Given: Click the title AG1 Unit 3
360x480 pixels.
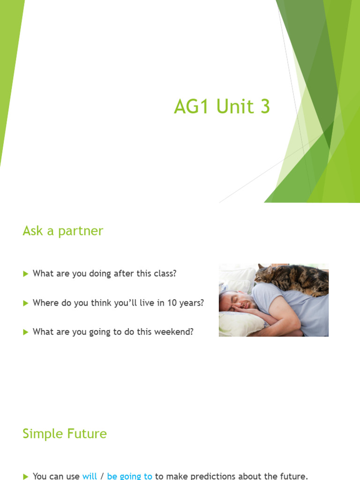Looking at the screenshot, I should (x=222, y=107).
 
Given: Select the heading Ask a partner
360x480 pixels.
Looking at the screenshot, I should (x=63, y=231).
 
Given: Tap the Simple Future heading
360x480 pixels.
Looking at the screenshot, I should (x=65, y=434).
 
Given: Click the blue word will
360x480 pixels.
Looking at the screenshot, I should (x=90, y=476).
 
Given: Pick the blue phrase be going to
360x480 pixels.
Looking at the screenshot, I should (x=129, y=476).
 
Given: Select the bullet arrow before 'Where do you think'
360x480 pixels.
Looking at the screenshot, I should (x=26, y=303).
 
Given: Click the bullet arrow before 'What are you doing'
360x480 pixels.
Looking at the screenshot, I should (x=26, y=274).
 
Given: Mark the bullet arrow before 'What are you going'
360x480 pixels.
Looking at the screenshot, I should (x=26, y=332).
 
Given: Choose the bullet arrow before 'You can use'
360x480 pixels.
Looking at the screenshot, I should (x=26, y=476).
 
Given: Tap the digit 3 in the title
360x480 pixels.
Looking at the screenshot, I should (x=265, y=107).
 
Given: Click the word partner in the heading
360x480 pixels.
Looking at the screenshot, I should (x=81, y=231).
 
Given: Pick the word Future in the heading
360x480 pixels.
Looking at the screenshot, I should (x=85, y=434).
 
